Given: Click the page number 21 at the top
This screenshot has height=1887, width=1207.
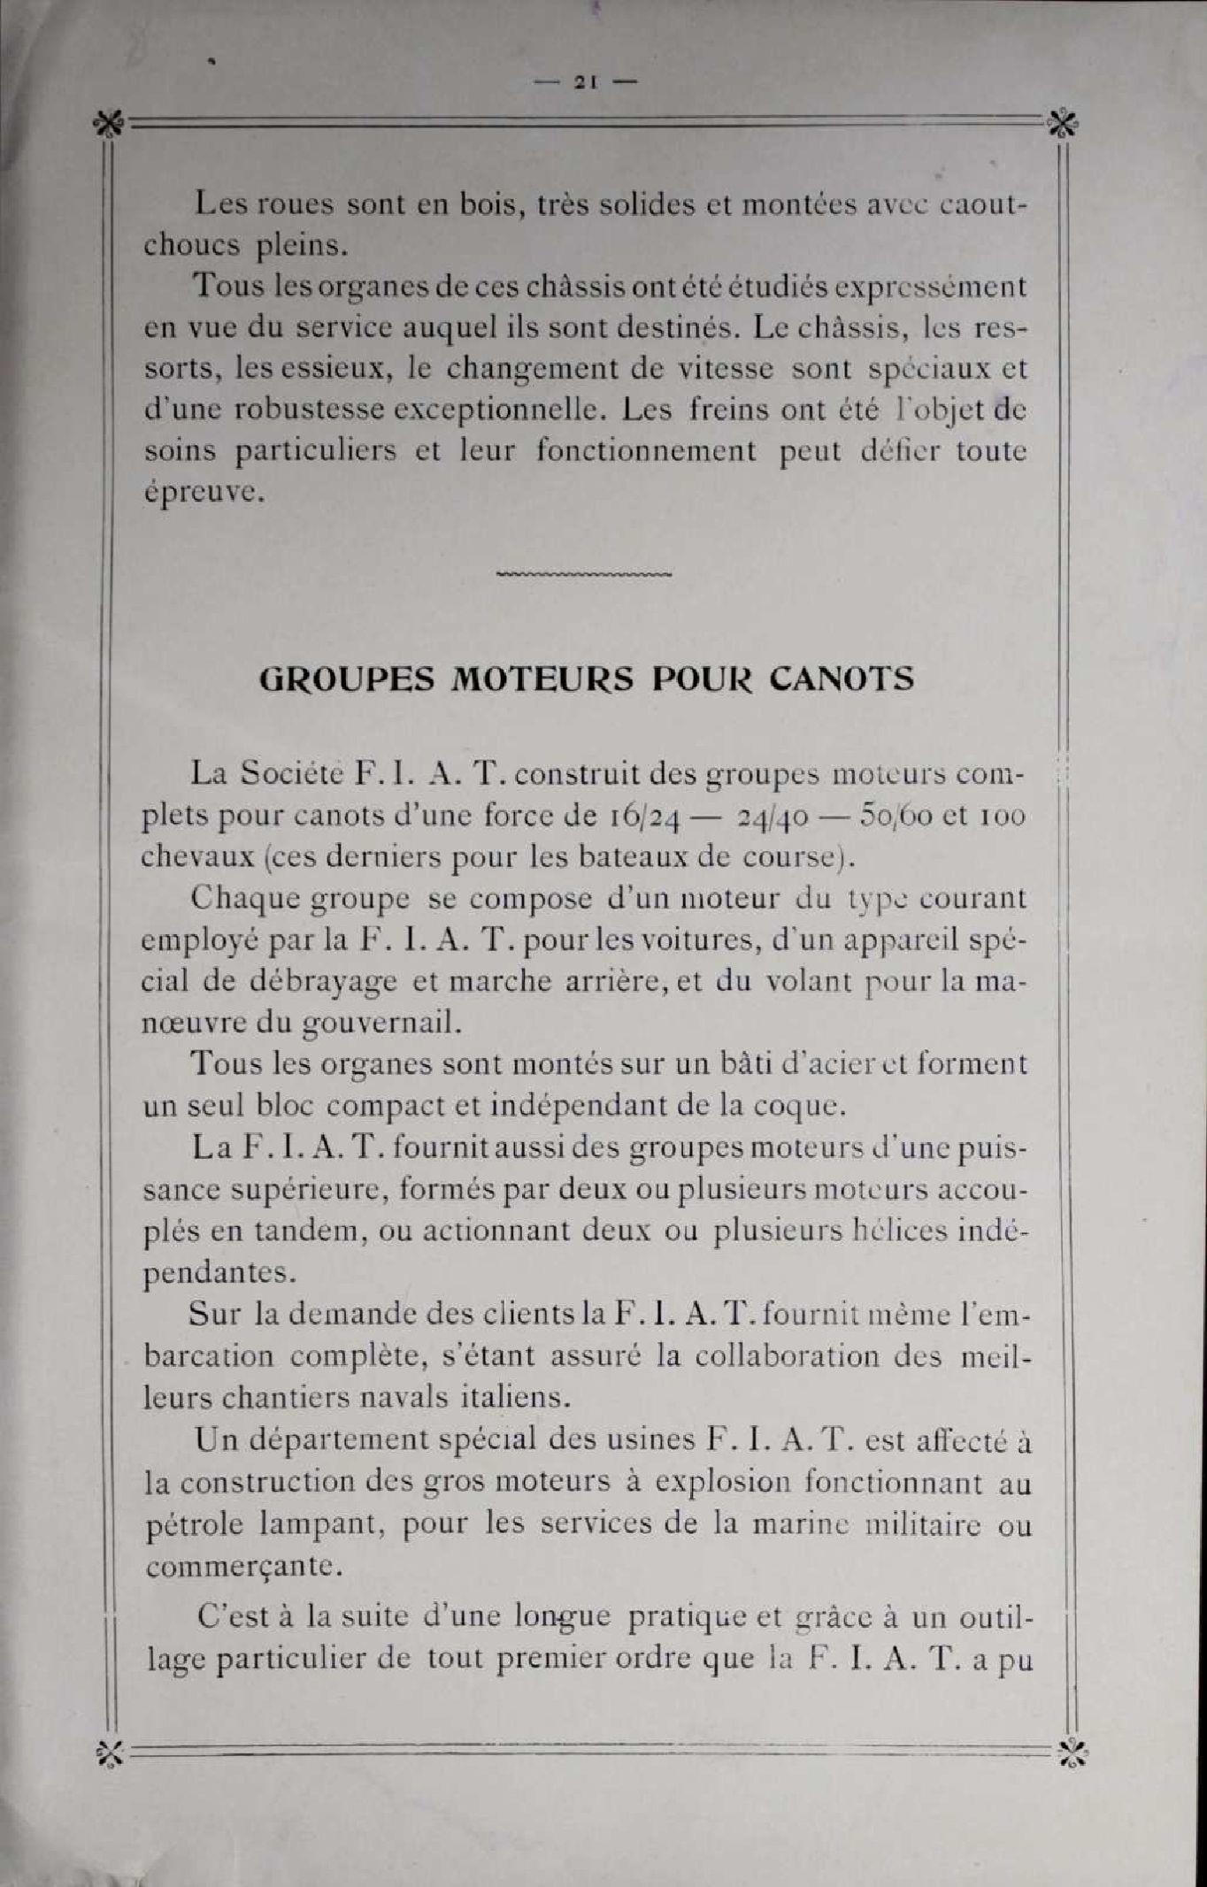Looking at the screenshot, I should (x=585, y=82).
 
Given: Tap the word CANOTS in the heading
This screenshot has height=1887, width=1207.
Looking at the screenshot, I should (x=841, y=679).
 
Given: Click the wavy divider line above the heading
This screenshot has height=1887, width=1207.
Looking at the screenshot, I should (x=585, y=574).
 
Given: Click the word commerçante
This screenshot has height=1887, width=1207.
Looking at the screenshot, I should (x=243, y=1567).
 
